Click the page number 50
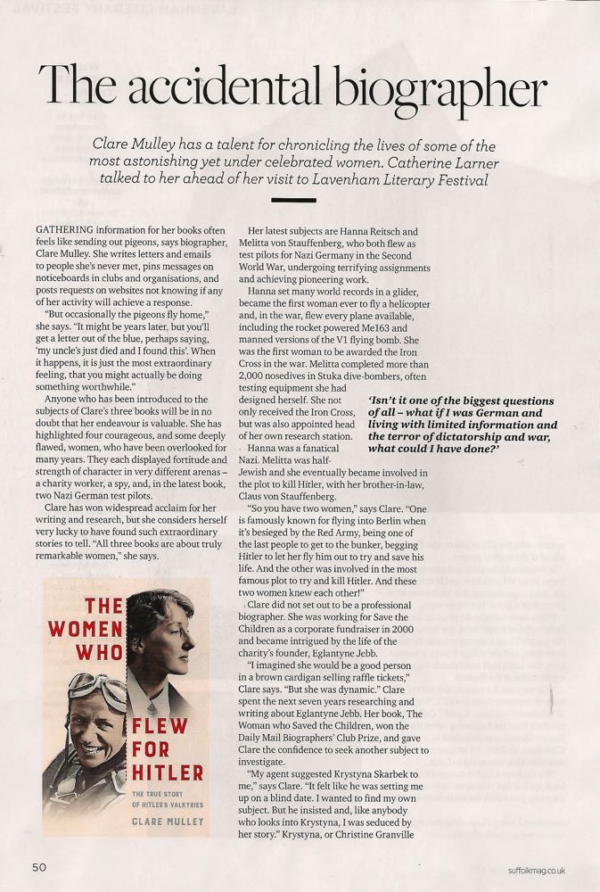click(x=38, y=866)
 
